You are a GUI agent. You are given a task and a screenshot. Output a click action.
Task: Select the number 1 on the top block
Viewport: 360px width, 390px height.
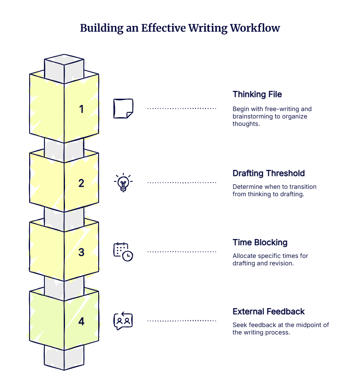point(81,109)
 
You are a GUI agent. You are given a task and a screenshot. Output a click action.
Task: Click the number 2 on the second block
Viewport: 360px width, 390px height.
point(81,183)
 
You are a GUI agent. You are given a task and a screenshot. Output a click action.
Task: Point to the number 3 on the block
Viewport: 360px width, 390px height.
point(81,252)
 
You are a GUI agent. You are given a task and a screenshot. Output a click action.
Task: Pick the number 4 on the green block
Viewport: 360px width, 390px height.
point(81,321)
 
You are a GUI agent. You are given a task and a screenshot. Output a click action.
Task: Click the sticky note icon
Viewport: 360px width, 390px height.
point(123,109)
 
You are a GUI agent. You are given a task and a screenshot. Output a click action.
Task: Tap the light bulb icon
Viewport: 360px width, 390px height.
point(123,183)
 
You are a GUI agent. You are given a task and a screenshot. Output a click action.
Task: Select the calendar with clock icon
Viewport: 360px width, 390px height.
point(123,252)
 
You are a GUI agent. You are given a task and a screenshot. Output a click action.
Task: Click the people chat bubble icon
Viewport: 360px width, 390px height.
point(123,321)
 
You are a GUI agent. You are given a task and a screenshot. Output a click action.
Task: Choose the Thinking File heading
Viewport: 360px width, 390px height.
point(257,94)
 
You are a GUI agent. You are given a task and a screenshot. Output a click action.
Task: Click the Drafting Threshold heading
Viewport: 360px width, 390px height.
point(269,173)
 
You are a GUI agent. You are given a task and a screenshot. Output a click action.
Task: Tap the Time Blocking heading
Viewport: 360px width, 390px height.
point(260,242)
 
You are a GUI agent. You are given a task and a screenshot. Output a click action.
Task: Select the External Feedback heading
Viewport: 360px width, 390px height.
point(269,311)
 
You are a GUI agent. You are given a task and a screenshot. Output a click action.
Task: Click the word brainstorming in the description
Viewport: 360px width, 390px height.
point(252,116)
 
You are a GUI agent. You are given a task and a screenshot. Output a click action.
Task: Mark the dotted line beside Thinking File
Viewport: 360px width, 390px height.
point(182,109)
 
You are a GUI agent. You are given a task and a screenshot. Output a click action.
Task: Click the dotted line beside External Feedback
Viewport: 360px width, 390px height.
point(182,320)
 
